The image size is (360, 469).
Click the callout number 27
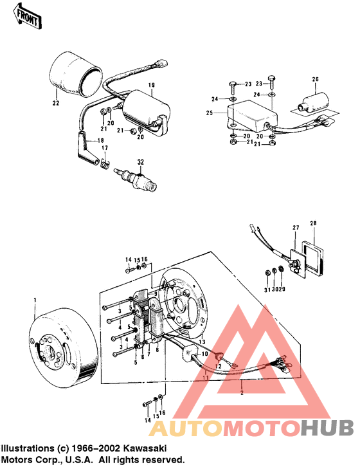(296, 228)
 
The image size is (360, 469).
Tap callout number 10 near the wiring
(204, 354)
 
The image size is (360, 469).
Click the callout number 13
(201, 342)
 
